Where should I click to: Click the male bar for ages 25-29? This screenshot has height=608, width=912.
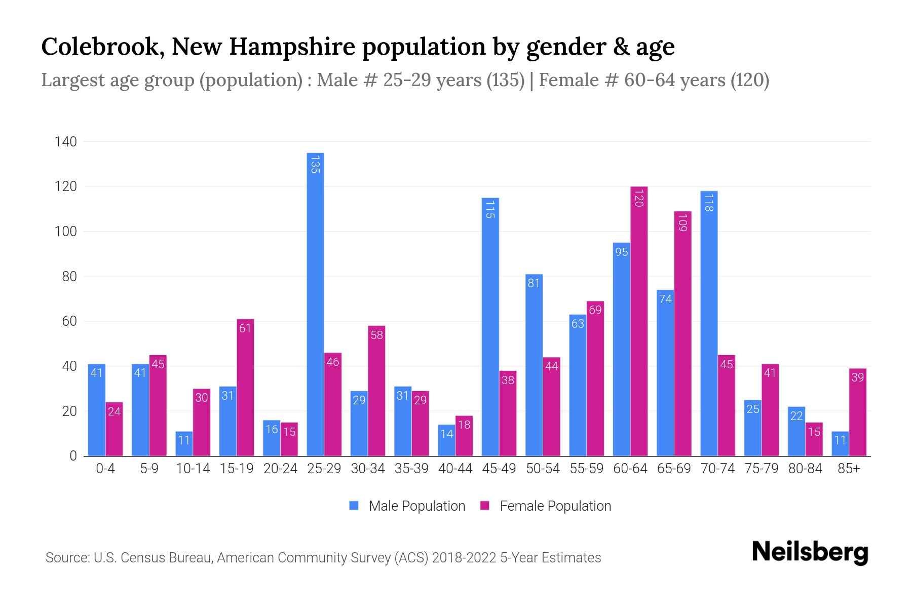tap(315, 304)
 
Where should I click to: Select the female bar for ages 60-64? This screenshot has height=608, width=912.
tap(639, 321)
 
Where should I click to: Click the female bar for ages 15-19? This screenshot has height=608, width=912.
tap(245, 388)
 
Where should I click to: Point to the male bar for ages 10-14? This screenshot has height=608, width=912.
tap(184, 444)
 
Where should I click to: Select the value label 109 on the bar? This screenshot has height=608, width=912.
tap(682, 222)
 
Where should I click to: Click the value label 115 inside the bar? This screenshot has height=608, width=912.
tap(490, 209)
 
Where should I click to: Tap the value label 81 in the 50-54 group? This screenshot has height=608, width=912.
tap(534, 283)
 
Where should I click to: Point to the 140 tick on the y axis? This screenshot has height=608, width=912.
tap(66, 142)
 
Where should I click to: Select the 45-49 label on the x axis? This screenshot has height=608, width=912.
tap(499, 469)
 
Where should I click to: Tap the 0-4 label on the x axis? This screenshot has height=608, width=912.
tap(105, 469)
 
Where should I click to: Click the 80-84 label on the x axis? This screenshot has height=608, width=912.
tap(805, 469)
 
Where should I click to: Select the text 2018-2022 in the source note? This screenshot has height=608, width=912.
tap(464, 558)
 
